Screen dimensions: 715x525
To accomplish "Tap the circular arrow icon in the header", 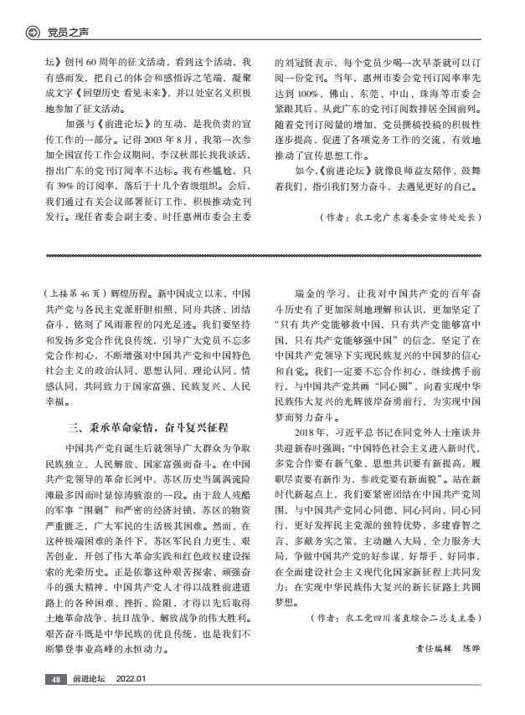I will (x=33, y=33).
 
